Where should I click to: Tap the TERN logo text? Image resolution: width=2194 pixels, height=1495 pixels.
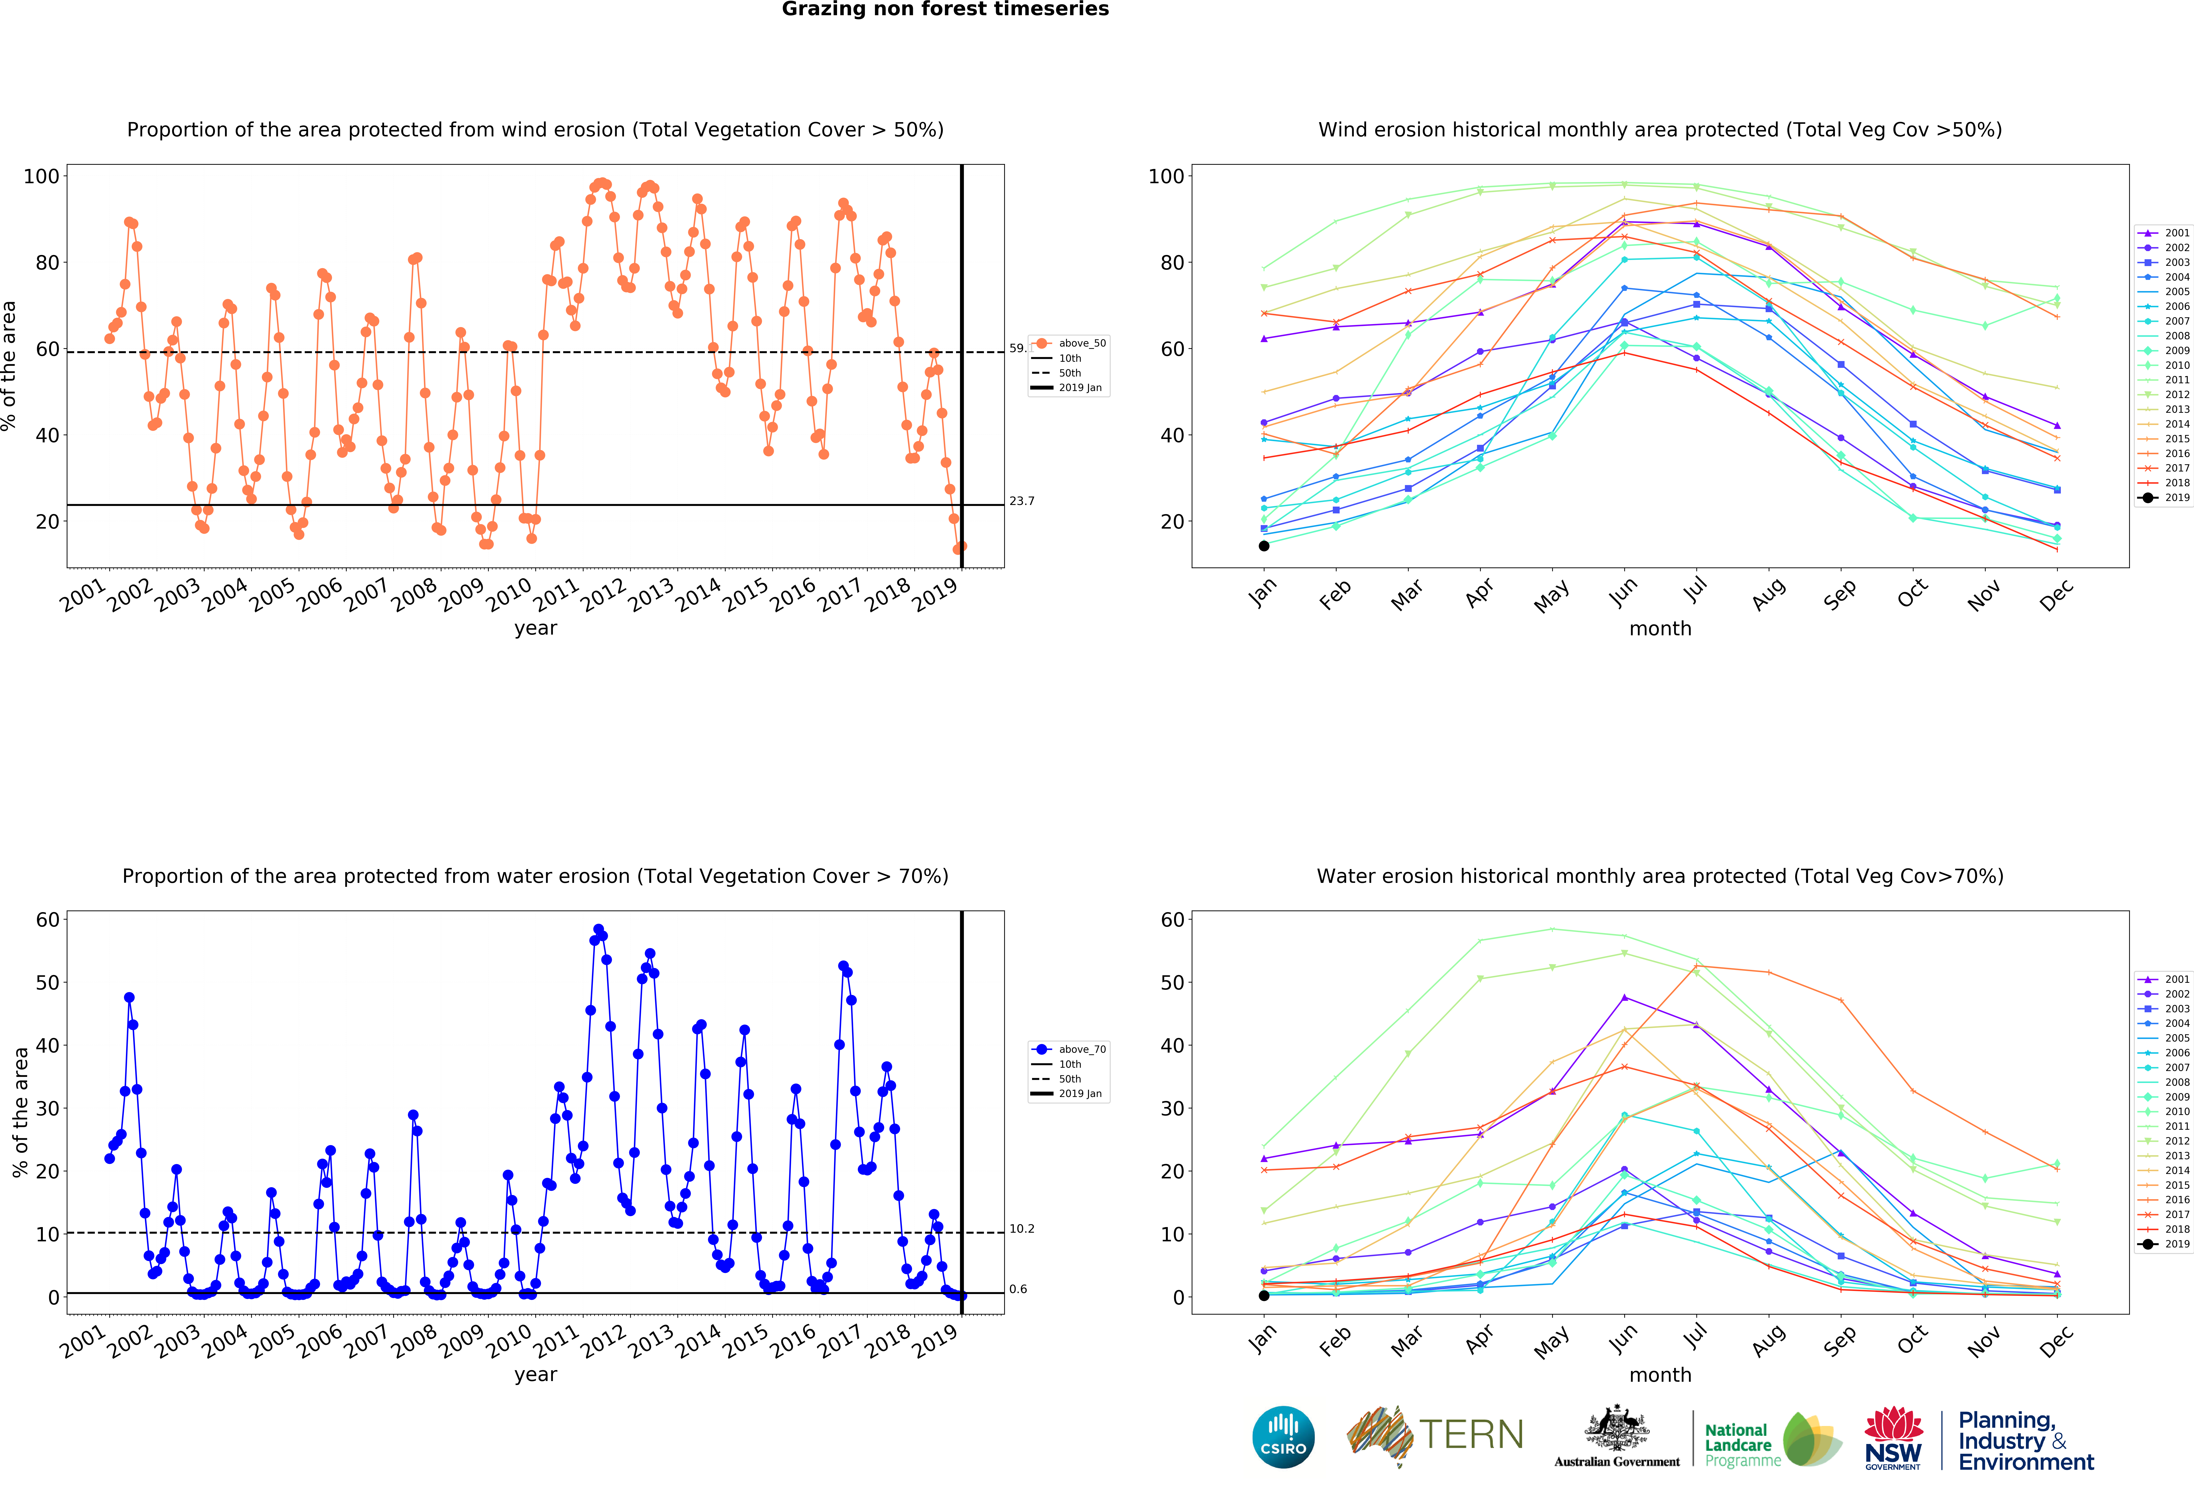(1471, 1435)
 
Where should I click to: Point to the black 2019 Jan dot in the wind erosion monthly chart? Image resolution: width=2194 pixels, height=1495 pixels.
(1264, 545)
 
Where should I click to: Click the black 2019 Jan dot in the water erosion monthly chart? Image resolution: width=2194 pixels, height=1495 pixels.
(1264, 1296)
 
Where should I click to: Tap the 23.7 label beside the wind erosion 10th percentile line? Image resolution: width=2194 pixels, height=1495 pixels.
(1022, 501)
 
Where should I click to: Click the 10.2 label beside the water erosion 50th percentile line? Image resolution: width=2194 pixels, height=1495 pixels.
(1022, 1229)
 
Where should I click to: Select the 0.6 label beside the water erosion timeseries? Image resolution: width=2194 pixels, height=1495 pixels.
(1018, 1289)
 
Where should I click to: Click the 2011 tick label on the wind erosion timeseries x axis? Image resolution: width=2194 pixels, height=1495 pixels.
(556, 595)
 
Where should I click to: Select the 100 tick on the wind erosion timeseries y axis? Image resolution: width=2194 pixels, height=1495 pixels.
(41, 176)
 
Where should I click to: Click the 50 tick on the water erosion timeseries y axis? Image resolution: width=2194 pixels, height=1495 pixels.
(47, 983)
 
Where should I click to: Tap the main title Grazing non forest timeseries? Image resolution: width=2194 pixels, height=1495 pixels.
(945, 9)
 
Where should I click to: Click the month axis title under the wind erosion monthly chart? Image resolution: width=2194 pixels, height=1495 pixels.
(1660, 629)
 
